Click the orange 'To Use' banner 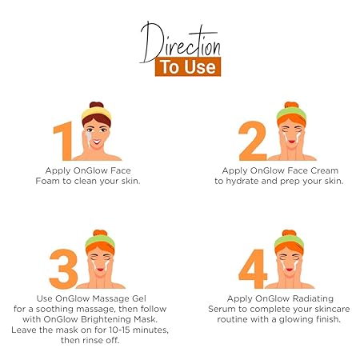click(x=188, y=66)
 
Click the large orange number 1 click(x=64, y=141)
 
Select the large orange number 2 click(x=253, y=141)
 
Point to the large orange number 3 click(x=63, y=269)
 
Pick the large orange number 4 click(x=253, y=269)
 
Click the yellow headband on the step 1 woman click(x=96, y=113)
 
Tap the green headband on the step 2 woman click(x=291, y=113)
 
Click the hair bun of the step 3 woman click(x=100, y=233)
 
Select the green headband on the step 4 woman click(x=290, y=241)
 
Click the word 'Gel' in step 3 click(x=139, y=298)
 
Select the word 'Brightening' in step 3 click(x=106, y=319)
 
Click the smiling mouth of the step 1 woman click(x=97, y=142)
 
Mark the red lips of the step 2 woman click(x=291, y=142)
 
